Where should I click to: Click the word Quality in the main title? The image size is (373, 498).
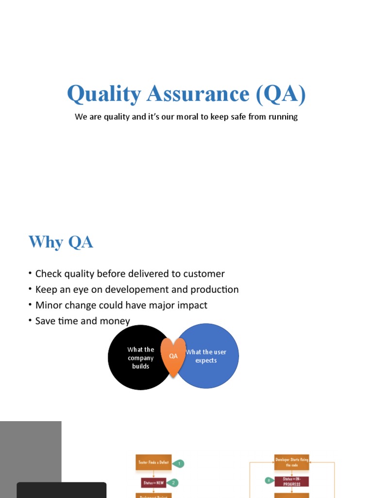(104, 94)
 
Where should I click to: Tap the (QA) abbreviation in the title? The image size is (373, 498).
(281, 94)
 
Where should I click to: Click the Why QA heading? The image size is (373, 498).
(61, 242)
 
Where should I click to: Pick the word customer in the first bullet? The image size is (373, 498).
(203, 274)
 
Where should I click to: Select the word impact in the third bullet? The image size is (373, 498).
(191, 305)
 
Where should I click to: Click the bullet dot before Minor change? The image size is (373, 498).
(30, 305)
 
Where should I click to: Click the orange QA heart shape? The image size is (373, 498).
(173, 356)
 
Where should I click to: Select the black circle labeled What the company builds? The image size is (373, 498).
(136, 357)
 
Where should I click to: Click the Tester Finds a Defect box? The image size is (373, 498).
(153, 462)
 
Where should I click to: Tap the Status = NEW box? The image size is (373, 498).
(153, 482)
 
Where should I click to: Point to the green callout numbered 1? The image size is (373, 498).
(179, 463)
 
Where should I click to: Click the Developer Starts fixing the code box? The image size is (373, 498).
(291, 462)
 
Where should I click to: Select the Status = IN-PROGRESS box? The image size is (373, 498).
(292, 481)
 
